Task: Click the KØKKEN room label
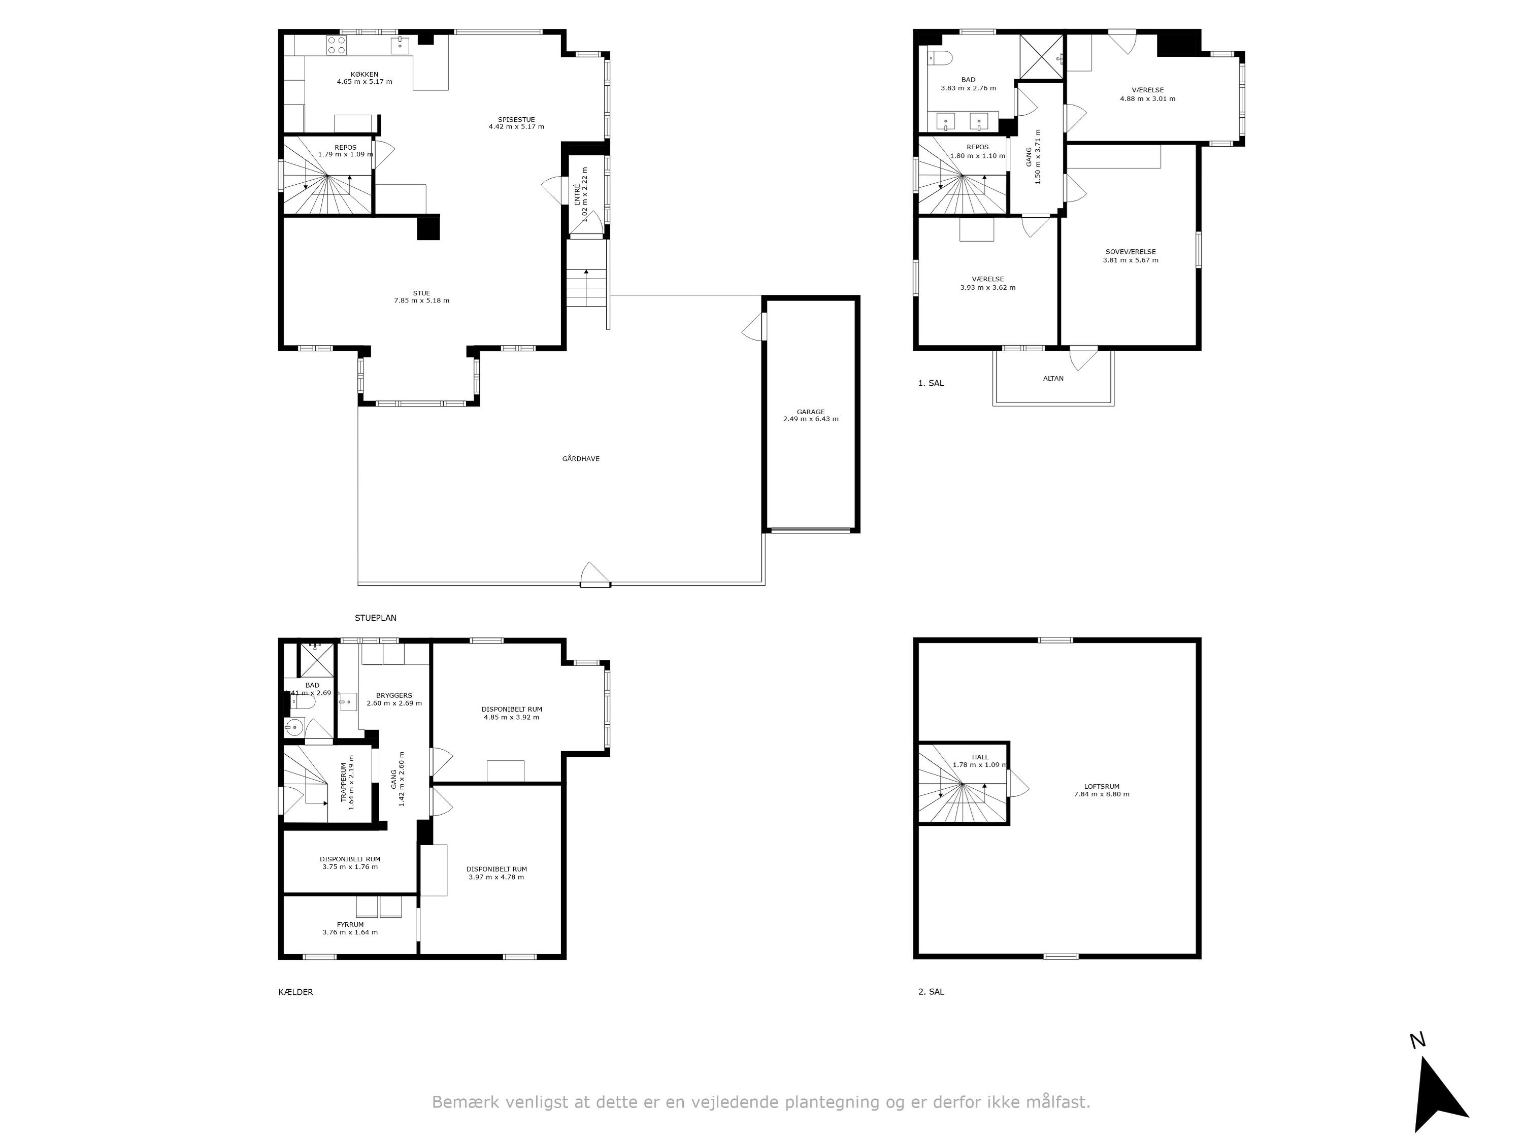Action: tap(364, 74)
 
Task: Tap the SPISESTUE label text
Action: tap(516, 119)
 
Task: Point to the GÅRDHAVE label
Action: tap(580, 458)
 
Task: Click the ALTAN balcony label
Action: tap(1053, 378)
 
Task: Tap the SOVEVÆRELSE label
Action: tap(1130, 252)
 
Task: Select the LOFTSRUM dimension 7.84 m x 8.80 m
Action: tap(1102, 794)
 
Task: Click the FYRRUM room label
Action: tap(350, 924)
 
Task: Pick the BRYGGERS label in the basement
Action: tap(394, 695)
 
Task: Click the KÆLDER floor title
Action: tap(295, 992)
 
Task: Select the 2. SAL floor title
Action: tap(931, 992)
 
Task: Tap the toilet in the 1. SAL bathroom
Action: tap(939, 58)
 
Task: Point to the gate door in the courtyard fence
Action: tap(595, 576)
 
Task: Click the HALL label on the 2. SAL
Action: tap(980, 757)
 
